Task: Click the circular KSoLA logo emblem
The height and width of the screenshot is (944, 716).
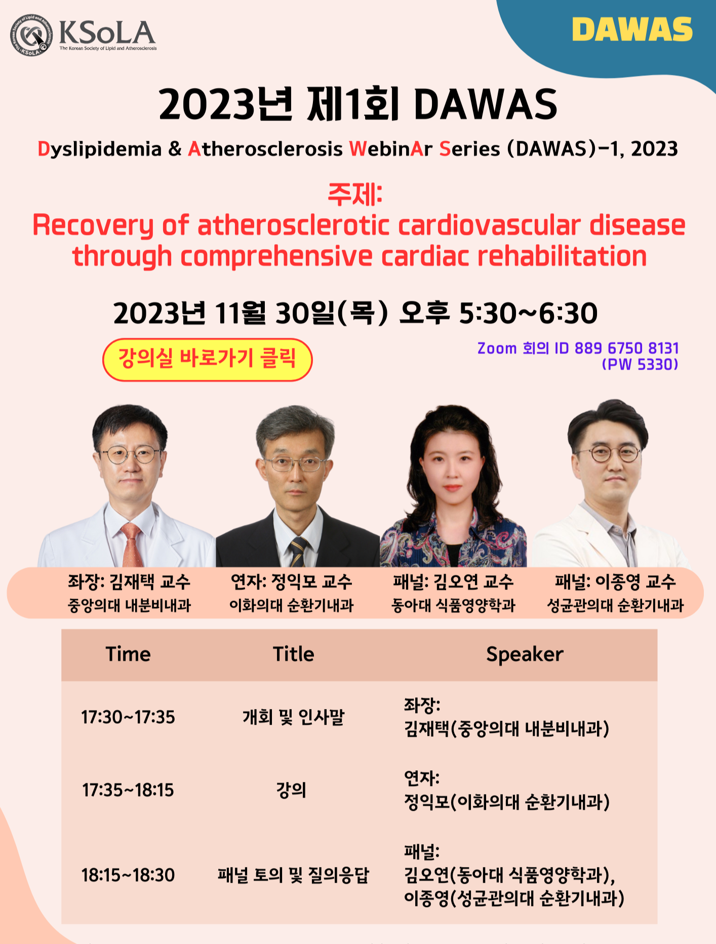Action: [31, 34]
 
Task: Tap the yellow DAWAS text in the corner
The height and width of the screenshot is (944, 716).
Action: [632, 30]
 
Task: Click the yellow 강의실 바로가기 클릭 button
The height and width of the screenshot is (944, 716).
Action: [207, 360]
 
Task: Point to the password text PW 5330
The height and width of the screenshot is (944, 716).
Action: [640, 365]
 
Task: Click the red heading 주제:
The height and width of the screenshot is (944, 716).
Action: [355, 194]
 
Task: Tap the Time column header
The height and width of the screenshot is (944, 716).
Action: [128, 654]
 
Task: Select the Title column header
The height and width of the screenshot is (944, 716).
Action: [294, 654]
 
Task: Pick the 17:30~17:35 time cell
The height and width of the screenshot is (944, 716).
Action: [128, 717]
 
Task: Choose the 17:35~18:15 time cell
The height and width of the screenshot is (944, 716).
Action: [128, 790]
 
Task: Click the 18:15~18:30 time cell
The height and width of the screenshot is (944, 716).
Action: [128, 875]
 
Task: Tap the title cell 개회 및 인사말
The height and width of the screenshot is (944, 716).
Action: [294, 717]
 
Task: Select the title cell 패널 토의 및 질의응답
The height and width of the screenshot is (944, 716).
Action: [294, 875]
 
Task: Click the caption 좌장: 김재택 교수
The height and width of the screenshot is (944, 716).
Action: [129, 582]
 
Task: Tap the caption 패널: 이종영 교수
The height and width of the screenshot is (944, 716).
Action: [615, 582]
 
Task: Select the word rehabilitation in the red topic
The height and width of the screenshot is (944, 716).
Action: [562, 256]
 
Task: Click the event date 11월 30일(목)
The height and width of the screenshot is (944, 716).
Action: [302, 313]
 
